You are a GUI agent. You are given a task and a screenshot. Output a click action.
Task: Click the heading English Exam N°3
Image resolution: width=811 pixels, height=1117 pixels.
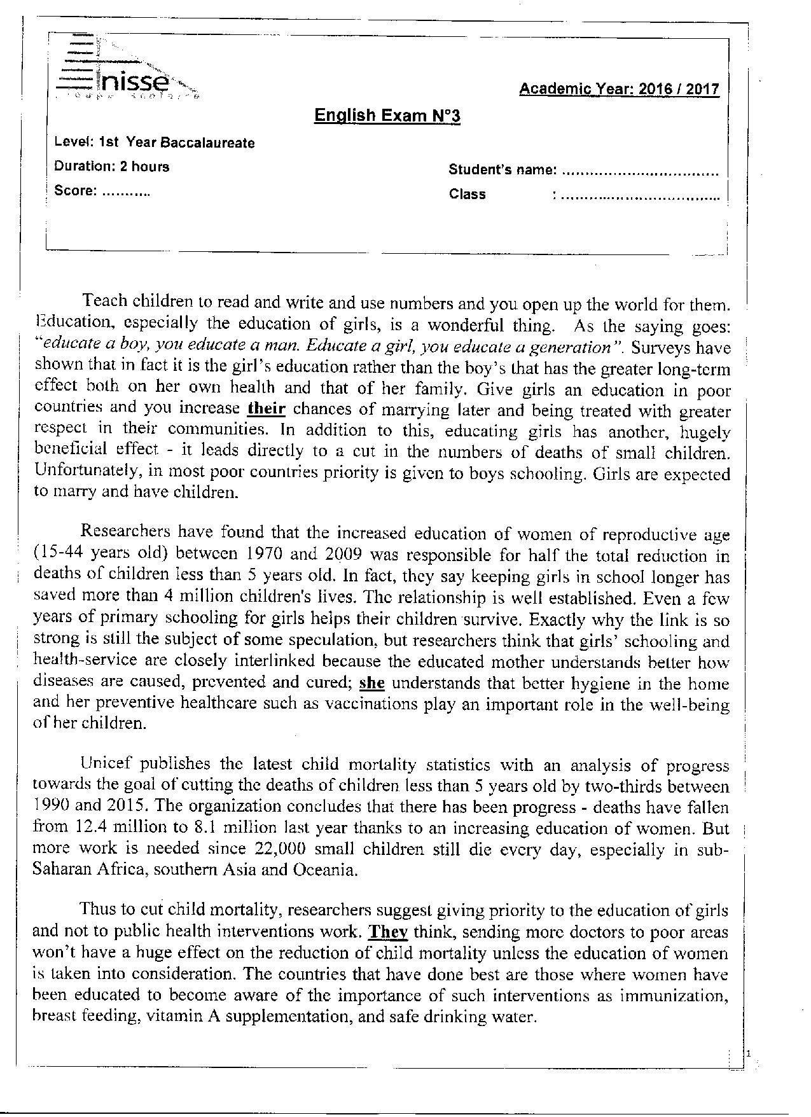[387, 116]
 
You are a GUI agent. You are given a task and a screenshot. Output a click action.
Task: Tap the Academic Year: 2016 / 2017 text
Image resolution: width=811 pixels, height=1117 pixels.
[619, 88]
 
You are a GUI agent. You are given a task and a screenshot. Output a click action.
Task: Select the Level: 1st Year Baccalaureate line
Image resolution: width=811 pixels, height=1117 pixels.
[155, 142]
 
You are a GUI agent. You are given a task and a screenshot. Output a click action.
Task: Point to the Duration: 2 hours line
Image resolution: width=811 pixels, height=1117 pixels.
[112, 167]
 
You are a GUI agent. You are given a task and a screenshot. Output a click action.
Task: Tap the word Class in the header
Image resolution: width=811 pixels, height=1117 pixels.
[468, 194]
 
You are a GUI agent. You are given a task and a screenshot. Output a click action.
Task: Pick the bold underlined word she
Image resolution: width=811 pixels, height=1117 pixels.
[372, 683]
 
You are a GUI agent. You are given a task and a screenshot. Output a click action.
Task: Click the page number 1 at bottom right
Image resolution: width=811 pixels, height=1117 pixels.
[749, 1055]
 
